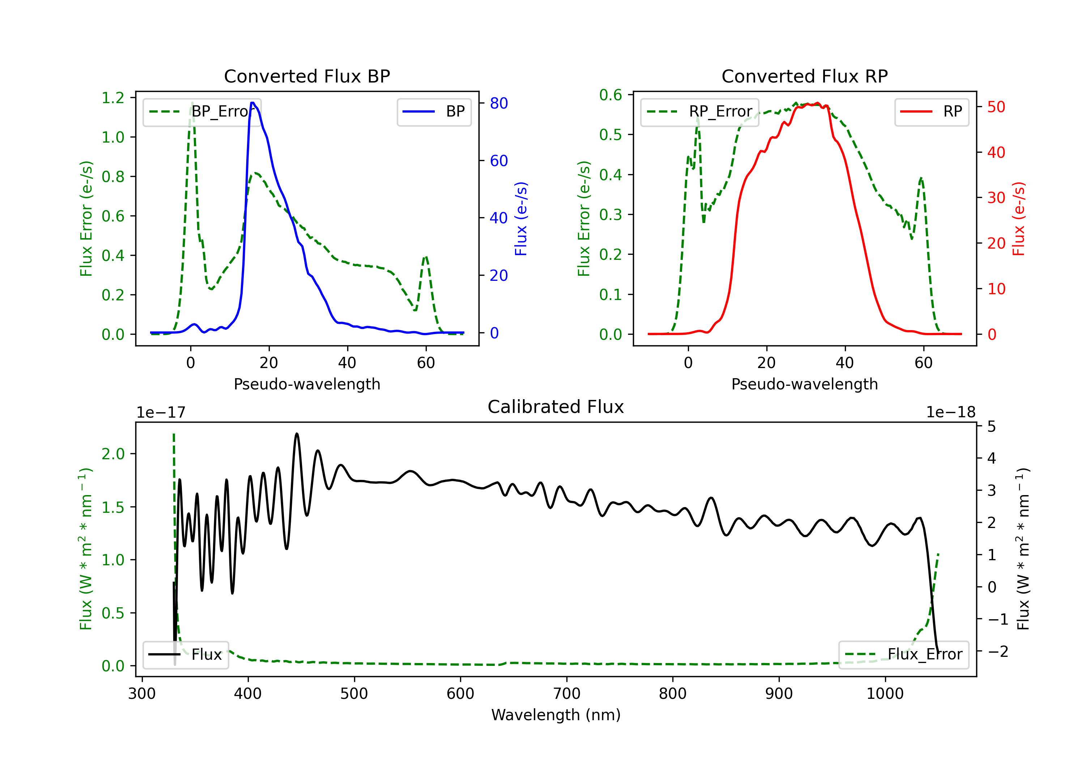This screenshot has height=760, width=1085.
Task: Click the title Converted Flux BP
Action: coord(307,76)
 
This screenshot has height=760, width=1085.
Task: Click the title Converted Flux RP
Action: coord(805,76)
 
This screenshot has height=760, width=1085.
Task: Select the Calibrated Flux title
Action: coord(556,407)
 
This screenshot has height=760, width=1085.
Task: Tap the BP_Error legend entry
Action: coord(202,111)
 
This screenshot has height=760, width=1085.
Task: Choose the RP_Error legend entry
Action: coord(699,111)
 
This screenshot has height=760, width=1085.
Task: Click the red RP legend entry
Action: coord(931,111)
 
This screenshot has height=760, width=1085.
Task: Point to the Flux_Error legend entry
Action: coord(903,655)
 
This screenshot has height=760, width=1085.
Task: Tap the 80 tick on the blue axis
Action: coord(498,103)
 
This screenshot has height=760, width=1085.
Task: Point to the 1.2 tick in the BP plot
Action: coord(113,98)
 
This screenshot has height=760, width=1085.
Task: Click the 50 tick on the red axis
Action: coord(996,107)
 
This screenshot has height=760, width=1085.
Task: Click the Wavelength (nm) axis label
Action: coord(556,715)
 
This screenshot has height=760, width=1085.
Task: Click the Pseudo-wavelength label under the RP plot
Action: coord(805,384)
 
